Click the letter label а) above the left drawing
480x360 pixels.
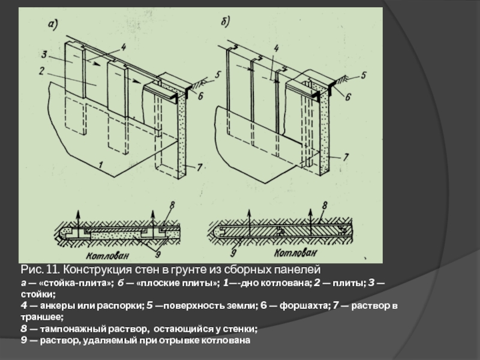click(x=53, y=24)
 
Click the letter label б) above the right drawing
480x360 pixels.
click(x=225, y=22)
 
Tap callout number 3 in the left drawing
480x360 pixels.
click(x=44, y=55)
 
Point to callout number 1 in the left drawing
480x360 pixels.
click(x=101, y=164)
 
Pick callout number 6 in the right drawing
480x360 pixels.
click(x=347, y=95)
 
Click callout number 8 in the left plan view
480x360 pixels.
click(x=172, y=205)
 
